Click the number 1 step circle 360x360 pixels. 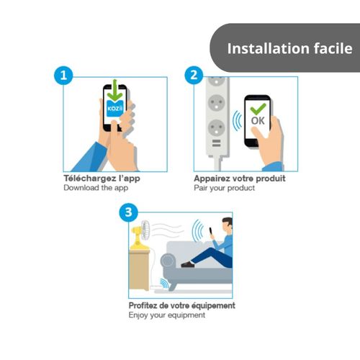tap(63, 76)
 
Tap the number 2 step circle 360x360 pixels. tap(194, 75)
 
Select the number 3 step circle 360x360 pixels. tap(129, 212)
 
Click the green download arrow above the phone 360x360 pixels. tap(115, 90)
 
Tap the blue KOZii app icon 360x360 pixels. tap(114, 108)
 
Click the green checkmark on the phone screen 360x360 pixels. tap(258, 109)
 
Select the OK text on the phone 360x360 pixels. tap(258, 121)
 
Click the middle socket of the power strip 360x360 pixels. tap(216, 103)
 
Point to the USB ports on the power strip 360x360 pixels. tap(216, 143)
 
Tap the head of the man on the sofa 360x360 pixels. tap(227, 224)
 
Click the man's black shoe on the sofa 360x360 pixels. tap(187, 264)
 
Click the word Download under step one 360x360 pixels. tap(81, 188)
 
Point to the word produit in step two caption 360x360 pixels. tap(270, 179)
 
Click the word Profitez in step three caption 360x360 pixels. tap(143, 305)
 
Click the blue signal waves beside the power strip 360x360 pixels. tap(237, 121)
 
